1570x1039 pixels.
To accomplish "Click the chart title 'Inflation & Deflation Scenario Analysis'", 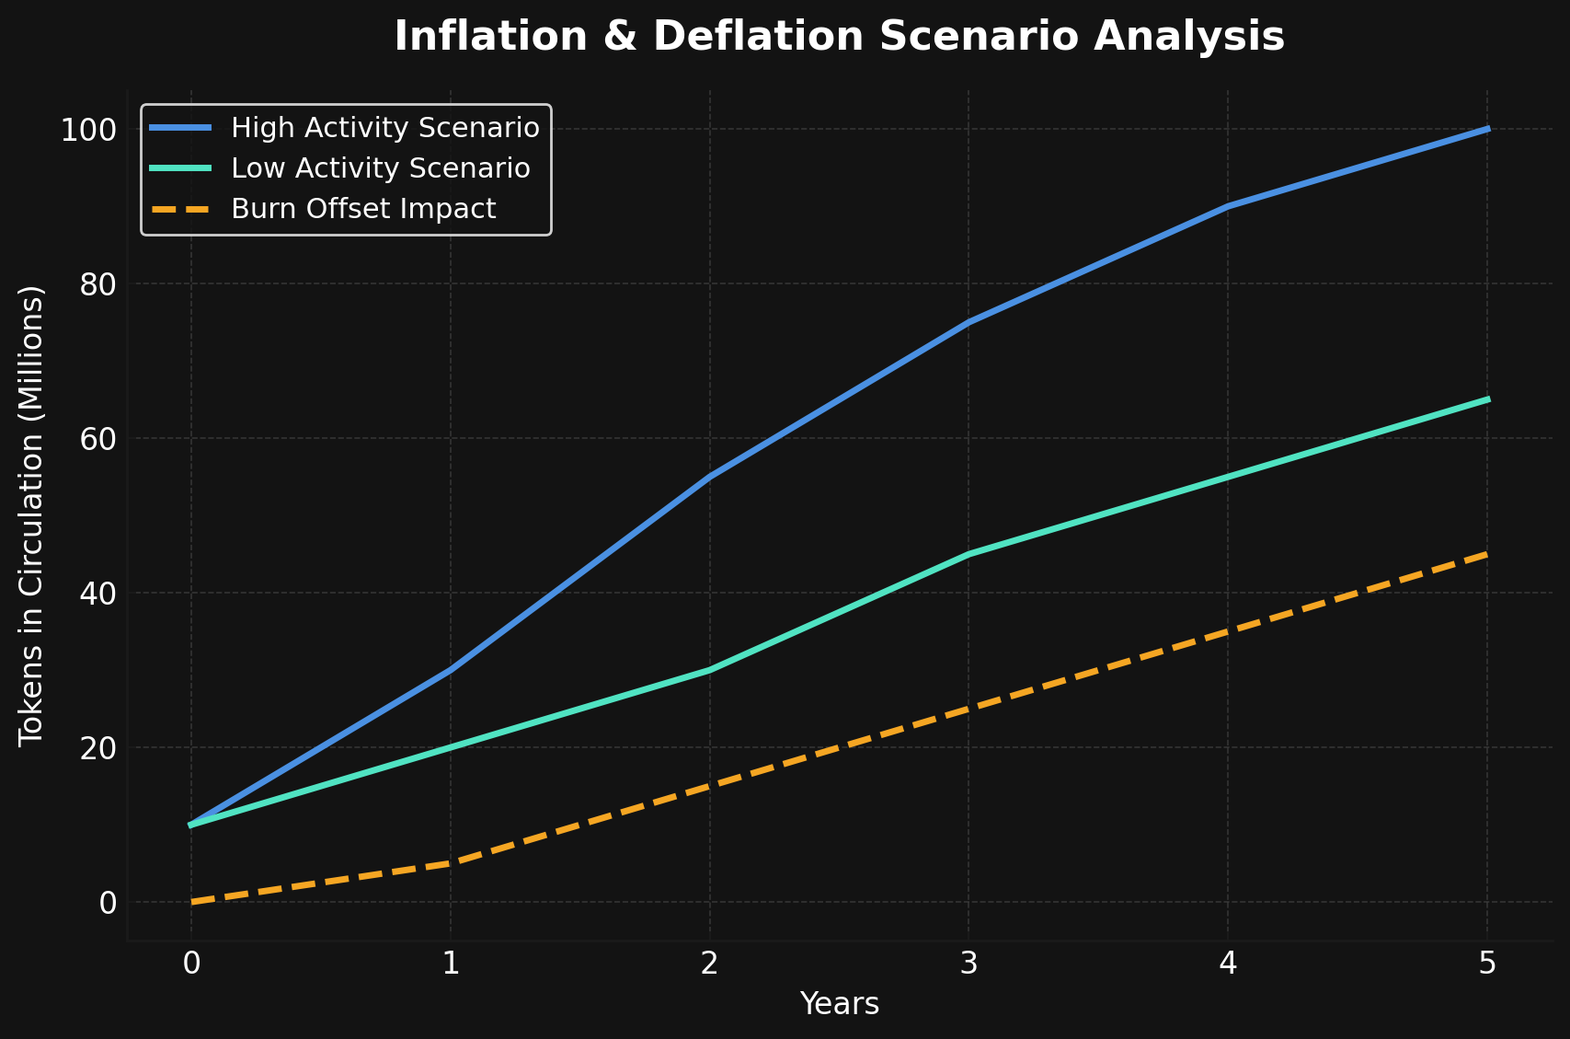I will click(x=839, y=37).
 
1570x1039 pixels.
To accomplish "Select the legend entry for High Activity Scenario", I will click(x=384, y=128).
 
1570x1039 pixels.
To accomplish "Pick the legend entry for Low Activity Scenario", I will click(x=380, y=168).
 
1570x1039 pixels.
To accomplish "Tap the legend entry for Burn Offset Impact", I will click(x=363, y=209).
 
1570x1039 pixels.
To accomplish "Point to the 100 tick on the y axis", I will click(x=88, y=130).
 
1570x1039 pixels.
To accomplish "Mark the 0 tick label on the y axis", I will click(x=108, y=903).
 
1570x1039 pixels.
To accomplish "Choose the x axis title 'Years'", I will click(x=839, y=1004).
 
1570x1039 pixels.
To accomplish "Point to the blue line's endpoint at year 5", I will click(x=1487, y=129).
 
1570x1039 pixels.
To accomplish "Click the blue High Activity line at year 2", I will click(x=709, y=477).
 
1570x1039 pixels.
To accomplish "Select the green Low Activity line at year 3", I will click(x=968, y=554).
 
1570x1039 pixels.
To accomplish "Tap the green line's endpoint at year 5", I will click(x=1487, y=399).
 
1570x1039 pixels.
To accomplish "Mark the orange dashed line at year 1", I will click(x=450, y=863).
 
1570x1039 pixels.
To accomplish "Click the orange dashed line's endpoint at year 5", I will click(x=1487, y=554).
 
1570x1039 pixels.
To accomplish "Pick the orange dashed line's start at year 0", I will click(x=191, y=902).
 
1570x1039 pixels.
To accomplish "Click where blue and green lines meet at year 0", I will click(x=191, y=825).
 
